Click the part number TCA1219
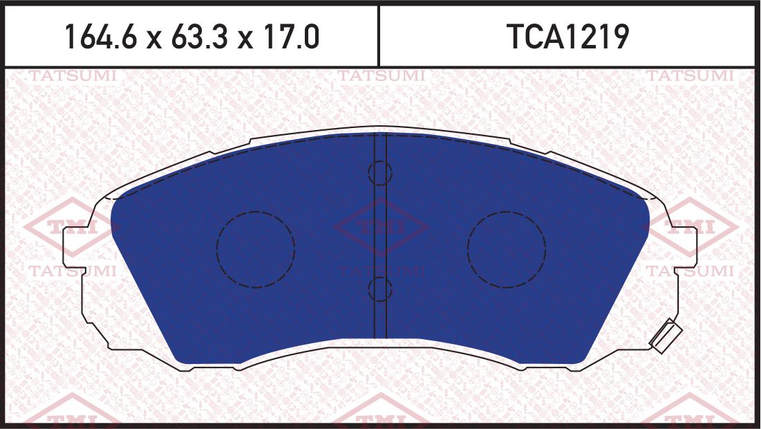click(568, 37)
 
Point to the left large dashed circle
click(255, 248)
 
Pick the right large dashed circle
click(506, 248)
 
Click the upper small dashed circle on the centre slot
click(379, 172)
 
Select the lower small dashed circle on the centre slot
click(379, 289)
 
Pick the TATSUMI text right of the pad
click(691, 271)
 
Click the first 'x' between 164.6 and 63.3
click(153, 39)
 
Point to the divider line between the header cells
click(379, 36)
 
